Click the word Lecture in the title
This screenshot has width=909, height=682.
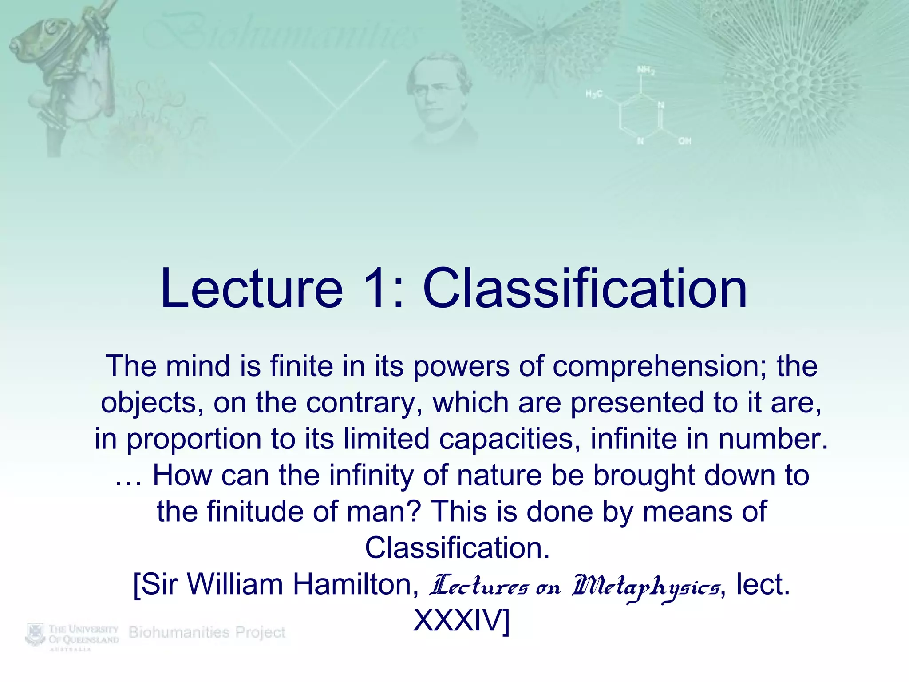point(252,289)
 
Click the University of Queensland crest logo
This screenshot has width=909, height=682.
point(36,634)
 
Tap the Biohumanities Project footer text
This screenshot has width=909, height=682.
point(207,632)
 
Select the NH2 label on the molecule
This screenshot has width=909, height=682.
point(645,70)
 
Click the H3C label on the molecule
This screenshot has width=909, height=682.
point(594,94)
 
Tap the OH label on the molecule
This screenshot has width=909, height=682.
point(684,141)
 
